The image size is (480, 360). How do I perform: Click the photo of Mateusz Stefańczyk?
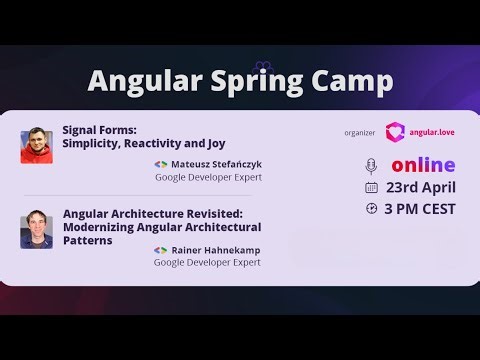pyautogui.click(x=37, y=145)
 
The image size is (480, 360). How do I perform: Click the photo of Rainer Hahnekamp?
pyautogui.click(x=37, y=229)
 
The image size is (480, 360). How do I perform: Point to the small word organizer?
pyautogui.click(x=357, y=131)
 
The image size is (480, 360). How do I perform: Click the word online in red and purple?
pyautogui.click(x=422, y=165)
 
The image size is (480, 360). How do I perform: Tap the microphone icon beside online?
pyautogui.click(x=372, y=165)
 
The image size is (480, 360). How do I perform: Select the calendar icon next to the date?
pyautogui.click(x=372, y=187)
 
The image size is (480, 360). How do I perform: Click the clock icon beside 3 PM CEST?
pyautogui.click(x=372, y=209)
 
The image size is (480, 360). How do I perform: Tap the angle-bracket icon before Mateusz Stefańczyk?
pyautogui.click(x=160, y=163)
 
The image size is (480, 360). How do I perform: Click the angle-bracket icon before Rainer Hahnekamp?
pyautogui.click(x=160, y=248)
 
